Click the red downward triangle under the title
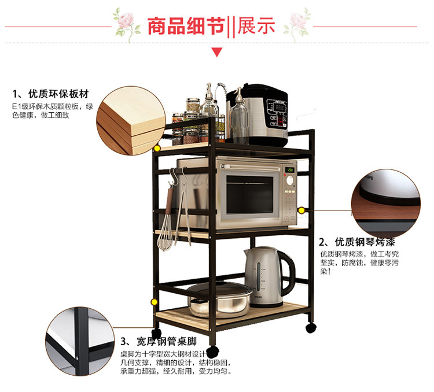[x=217, y=53]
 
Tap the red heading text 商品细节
[x=185, y=27]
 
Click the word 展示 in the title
[x=255, y=27]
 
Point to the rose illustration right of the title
[x=300, y=23]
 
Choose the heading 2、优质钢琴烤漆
[x=357, y=242]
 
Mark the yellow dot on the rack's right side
[x=301, y=209]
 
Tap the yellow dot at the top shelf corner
[x=156, y=149]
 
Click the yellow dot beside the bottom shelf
[x=155, y=302]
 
